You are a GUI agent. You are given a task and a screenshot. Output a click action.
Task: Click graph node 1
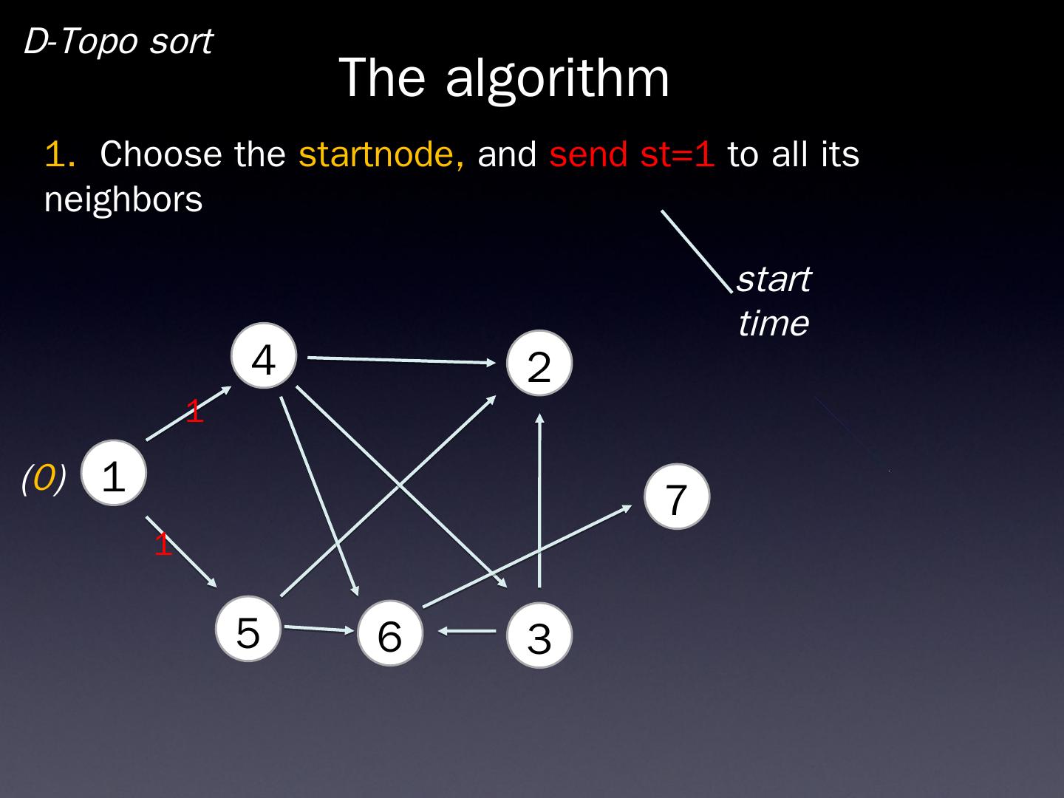[114, 474]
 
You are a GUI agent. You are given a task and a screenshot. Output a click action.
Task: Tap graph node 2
[539, 364]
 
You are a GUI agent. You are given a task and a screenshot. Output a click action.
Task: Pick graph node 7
[676, 497]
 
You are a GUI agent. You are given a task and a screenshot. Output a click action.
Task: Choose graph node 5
[248, 630]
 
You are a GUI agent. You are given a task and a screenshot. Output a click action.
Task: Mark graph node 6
[389, 633]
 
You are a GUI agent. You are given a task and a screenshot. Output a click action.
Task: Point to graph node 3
[539, 635]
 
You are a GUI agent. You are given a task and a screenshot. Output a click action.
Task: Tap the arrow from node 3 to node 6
[468, 632]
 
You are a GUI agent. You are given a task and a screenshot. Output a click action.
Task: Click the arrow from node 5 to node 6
[318, 629]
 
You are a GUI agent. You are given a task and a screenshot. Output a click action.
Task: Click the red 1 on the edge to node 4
[194, 412]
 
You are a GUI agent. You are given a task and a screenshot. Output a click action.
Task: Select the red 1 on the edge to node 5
[163, 545]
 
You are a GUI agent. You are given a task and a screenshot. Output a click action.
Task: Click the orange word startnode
[381, 154]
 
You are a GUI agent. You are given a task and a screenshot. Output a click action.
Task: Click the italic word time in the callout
[773, 323]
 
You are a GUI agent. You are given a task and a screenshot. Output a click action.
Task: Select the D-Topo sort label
[118, 41]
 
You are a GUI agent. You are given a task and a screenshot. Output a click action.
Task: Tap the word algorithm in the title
[557, 77]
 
